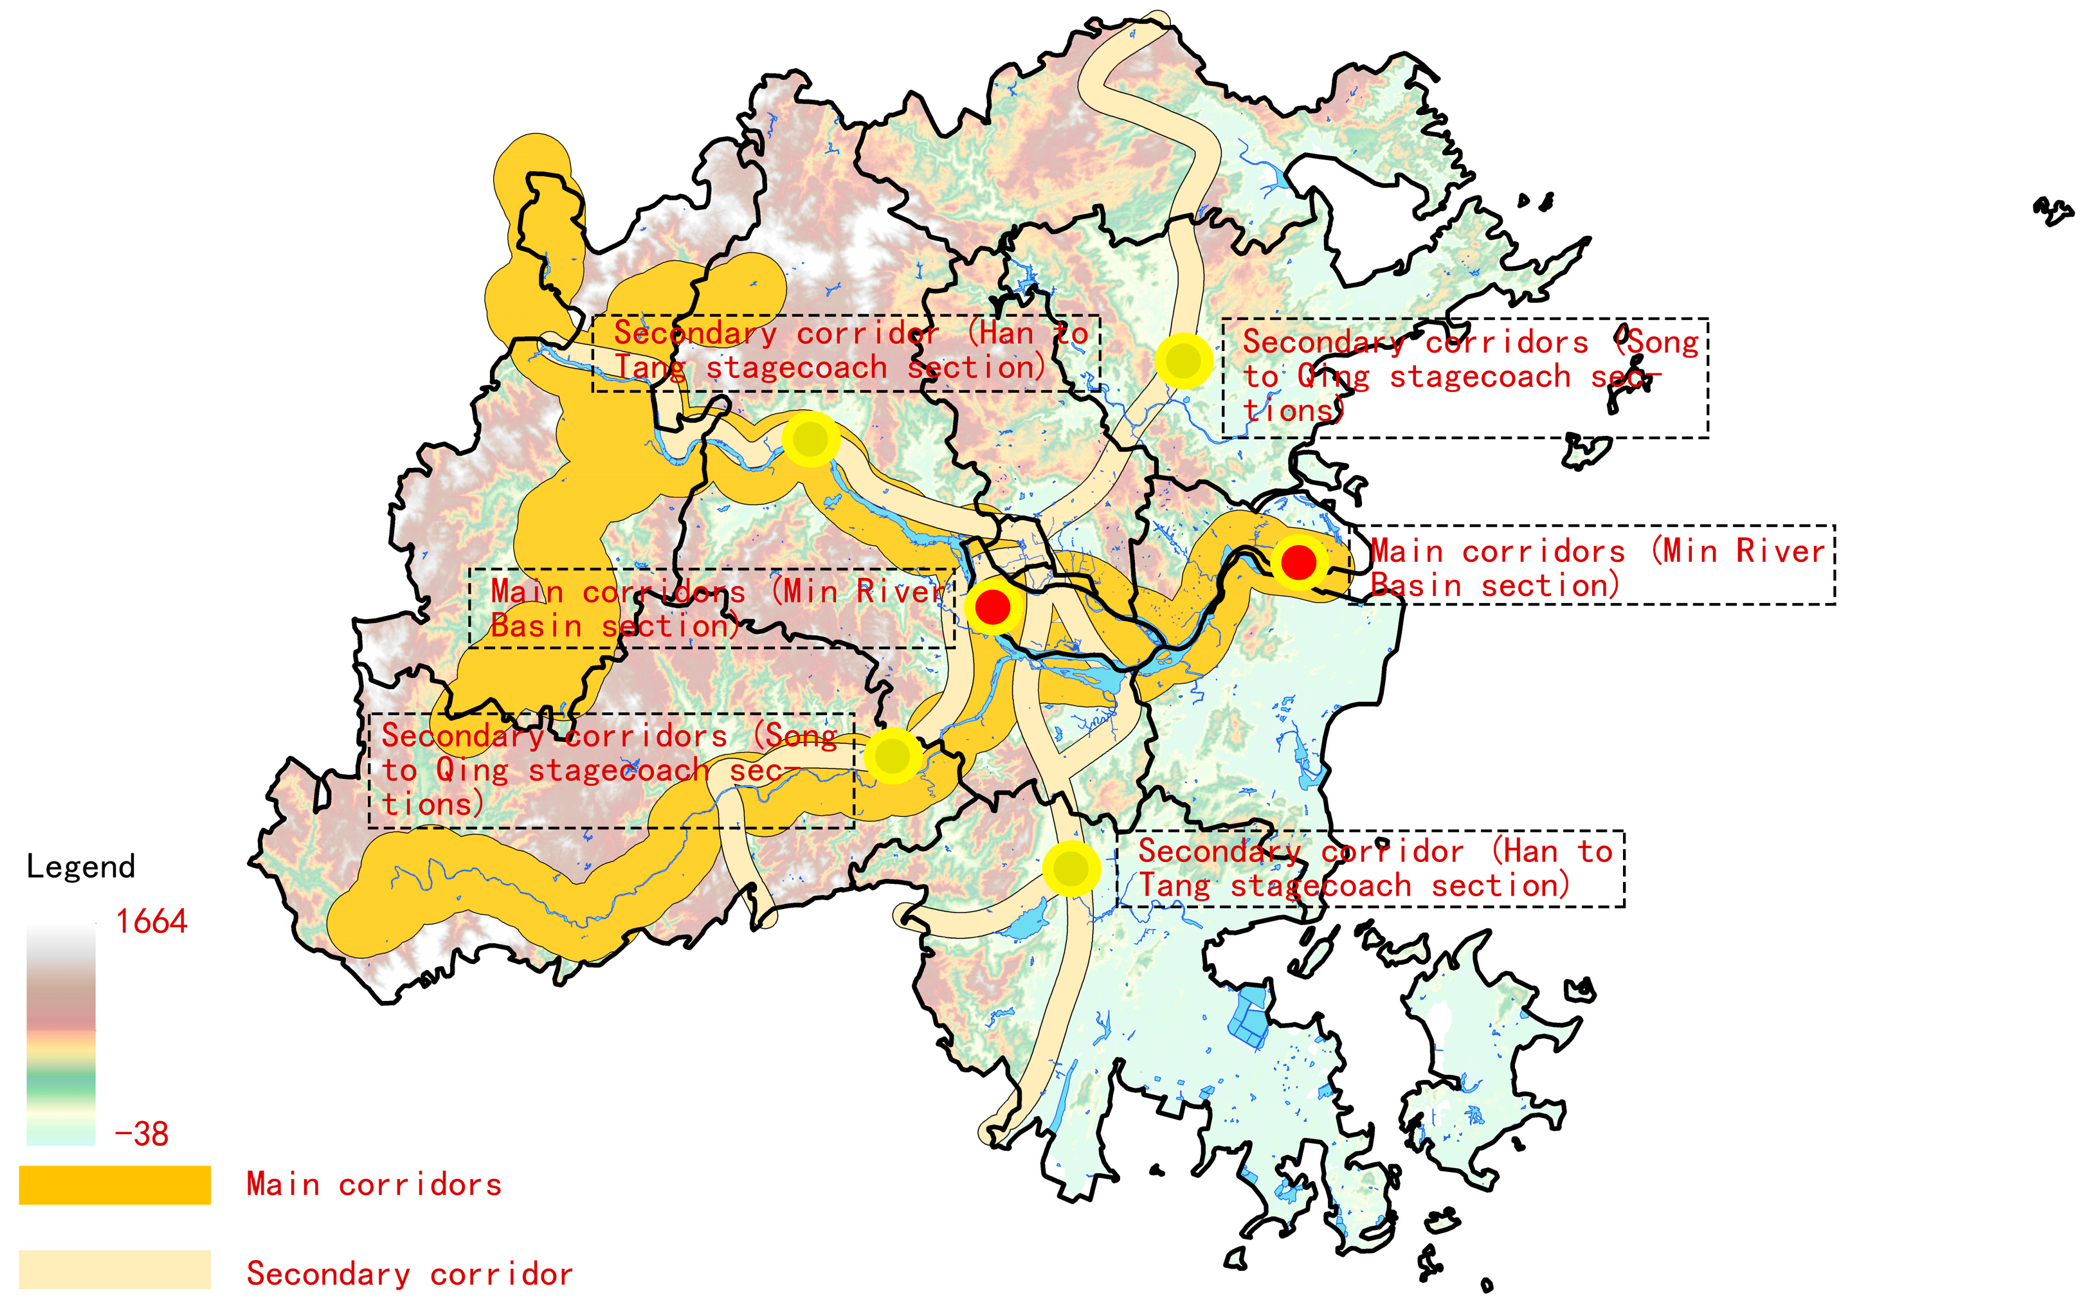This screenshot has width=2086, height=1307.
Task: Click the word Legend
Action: (x=80, y=866)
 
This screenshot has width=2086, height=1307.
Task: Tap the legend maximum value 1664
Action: (x=151, y=921)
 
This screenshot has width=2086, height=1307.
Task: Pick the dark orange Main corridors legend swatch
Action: (x=114, y=1184)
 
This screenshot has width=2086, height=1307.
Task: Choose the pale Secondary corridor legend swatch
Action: (x=114, y=1269)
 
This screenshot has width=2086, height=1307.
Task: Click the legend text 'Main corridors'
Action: (x=374, y=1184)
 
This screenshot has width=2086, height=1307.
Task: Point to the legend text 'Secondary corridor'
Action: (x=409, y=1274)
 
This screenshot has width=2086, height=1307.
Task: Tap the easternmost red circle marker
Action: (x=1298, y=563)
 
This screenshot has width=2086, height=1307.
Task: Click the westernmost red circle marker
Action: (x=992, y=607)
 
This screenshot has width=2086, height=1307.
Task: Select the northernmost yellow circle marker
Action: (x=1183, y=361)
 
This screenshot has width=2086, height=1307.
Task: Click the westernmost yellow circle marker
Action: (x=810, y=439)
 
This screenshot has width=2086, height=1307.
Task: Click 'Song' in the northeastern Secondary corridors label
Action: (x=1664, y=342)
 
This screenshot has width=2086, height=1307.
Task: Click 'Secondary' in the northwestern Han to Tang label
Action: (x=695, y=333)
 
